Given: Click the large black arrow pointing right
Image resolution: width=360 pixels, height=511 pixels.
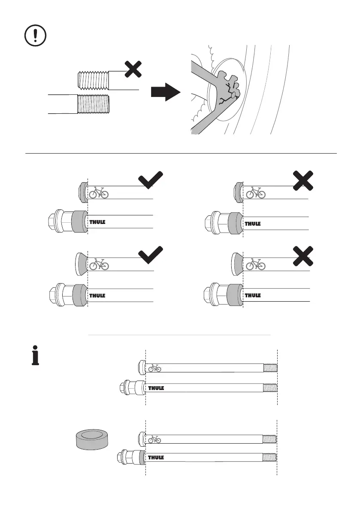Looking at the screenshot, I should point(165,92).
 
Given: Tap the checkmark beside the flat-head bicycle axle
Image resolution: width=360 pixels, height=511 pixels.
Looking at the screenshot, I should point(151,180).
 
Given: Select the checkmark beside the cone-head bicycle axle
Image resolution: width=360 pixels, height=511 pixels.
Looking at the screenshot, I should point(151,254).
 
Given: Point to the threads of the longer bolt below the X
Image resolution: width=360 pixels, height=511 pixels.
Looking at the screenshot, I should point(94,104).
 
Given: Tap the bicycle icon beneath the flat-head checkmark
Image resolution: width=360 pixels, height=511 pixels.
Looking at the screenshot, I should point(99,193).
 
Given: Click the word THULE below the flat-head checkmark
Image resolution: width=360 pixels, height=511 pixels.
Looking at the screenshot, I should point(97,223).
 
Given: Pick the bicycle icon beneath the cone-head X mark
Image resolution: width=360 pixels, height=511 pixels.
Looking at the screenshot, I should point(255,265).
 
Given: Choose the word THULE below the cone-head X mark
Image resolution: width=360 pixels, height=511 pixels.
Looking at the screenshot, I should point(253,296).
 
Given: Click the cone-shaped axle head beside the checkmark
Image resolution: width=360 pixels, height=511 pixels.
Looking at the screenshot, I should point(82,263).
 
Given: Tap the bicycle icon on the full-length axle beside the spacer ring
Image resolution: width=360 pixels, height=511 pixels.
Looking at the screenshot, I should point(155,439).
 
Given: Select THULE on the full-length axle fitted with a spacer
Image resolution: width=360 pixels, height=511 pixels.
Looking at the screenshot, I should point(156,458).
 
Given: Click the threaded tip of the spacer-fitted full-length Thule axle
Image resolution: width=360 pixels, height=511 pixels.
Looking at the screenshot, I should point(269,457).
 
